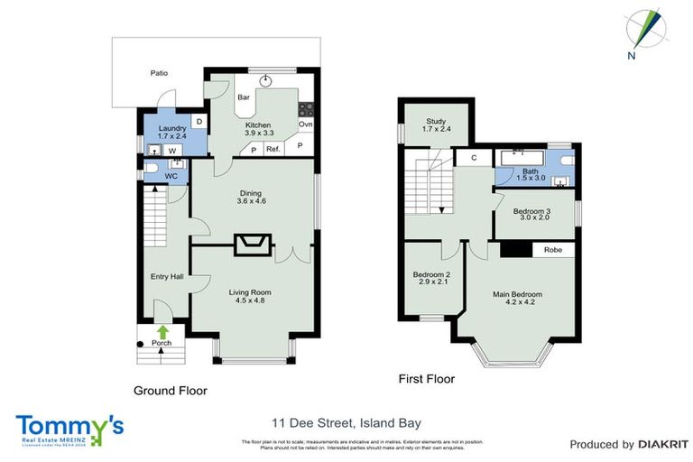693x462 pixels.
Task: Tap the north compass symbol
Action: tap(647, 31)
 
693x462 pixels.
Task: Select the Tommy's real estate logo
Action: tap(69, 428)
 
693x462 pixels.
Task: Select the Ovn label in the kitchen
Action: tap(305, 124)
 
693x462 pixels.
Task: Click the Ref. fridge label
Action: tap(273, 148)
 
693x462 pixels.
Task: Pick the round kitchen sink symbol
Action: tap(265, 80)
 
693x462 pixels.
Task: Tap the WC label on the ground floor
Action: tap(171, 177)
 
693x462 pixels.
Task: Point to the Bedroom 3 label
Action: tap(531, 214)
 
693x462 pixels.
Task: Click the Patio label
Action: tap(159, 73)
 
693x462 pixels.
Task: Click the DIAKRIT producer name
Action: tap(662, 444)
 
